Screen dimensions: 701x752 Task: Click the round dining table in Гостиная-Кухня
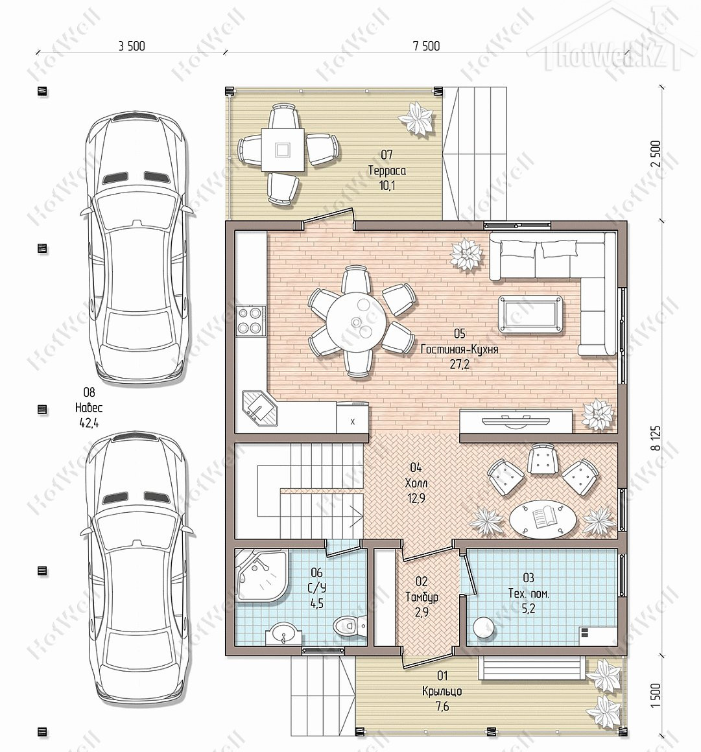pos(356,322)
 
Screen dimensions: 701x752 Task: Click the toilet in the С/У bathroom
pos(350,625)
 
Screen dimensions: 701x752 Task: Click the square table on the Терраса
pos(283,150)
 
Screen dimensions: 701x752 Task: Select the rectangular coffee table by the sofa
pos(530,314)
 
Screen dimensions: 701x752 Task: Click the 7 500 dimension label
pos(426,46)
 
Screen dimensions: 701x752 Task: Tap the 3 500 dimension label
pos(132,46)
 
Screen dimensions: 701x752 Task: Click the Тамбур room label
pos(422,597)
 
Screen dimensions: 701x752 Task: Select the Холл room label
pos(416,482)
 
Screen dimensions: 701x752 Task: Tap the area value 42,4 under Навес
pos(89,423)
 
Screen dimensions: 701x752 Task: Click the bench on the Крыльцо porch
pos(532,668)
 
